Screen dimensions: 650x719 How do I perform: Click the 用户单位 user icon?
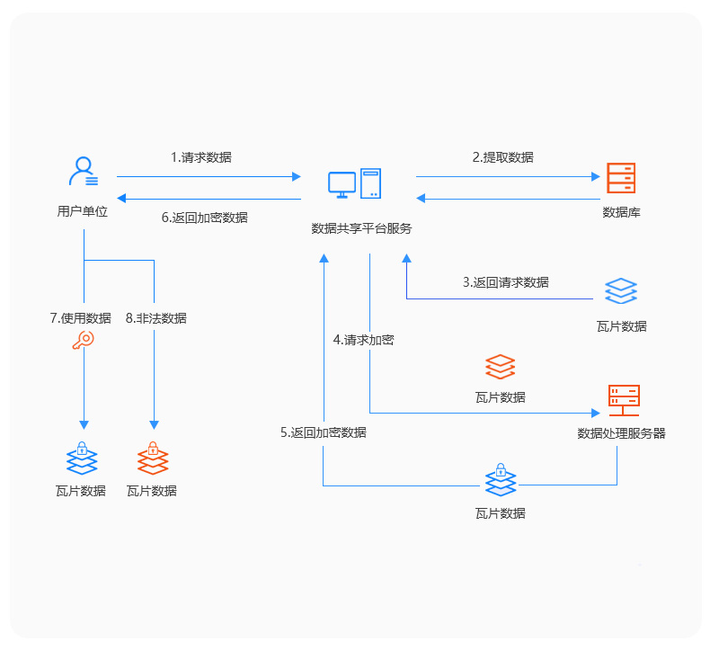click(84, 172)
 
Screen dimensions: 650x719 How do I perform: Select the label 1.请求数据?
click(200, 157)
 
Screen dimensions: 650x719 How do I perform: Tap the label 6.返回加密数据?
click(205, 218)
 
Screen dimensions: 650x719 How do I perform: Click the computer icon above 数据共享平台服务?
click(355, 183)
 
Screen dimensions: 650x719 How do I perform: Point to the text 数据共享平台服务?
click(361, 228)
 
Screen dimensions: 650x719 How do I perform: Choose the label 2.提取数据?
click(502, 157)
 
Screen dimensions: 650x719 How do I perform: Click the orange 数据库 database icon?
click(620, 180)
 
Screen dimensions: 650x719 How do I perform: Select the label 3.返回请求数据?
click(505, 281)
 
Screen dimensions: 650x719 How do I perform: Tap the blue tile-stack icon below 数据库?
click(621, 292)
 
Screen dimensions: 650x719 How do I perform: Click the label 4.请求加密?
click(363, 340)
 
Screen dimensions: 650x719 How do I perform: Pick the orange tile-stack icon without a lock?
click(500, 367)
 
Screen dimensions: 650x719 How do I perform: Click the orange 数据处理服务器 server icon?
click(623, 400)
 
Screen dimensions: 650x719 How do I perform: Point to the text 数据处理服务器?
click(621, 433)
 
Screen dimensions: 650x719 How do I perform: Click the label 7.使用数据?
click(80, 318)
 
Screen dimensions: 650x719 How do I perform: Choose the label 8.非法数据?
click(156, 318)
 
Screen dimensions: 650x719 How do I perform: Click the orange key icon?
click(83, 341)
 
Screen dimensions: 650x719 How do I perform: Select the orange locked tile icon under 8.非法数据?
click(153, 459)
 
